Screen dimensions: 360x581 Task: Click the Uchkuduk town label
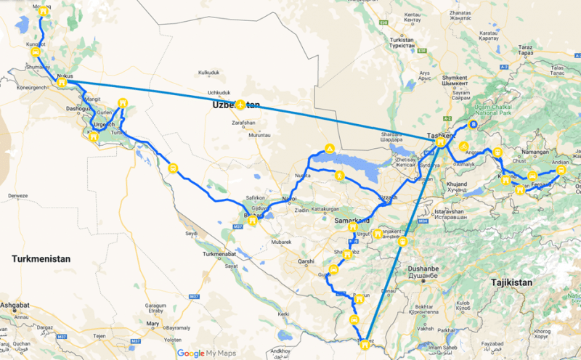tap(219, 92)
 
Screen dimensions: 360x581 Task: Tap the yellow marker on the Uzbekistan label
tap(240, 106)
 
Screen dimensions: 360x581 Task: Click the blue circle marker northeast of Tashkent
tap(474, 125)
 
